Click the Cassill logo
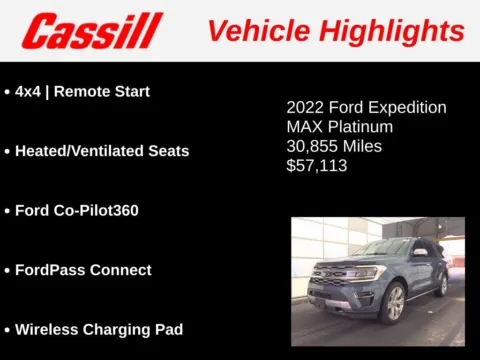[x=92, y=31]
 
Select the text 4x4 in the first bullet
[x=28, y=91]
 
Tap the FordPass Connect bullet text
[x=83, y=270]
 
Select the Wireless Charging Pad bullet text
[x=98, y=329]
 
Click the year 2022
[x=304, y=107]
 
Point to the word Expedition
[x=404, y=107]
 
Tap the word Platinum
[x=358, y=127]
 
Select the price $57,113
[x=317, y=166]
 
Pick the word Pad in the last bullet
[x=167, y=329]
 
